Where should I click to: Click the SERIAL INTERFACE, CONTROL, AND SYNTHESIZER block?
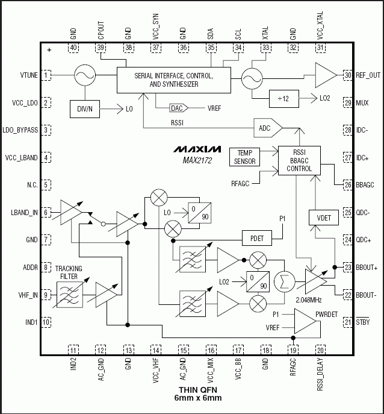click(x=173, y=81)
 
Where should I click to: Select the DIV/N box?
click(x=84, y=108)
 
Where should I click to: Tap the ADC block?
click(x=265, y=128)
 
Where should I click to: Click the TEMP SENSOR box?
click(x=245, y=157)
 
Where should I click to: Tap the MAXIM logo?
click(x=197, y=149)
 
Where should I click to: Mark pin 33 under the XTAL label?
click(x=265, y=47)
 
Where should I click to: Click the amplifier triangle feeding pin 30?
click(x=326, y=75)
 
